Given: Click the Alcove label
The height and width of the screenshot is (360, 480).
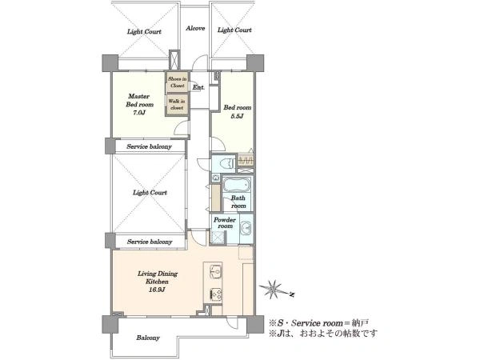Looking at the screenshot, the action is tap(195, 29).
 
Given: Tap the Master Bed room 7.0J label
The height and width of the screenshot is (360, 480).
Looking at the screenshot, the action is tap(139, 104).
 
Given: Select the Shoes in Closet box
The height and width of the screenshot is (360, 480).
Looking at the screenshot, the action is tap(177, 82).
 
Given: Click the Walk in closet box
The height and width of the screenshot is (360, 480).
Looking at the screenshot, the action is tap(177, 104).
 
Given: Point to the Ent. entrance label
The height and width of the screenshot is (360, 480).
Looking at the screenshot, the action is tap(198, 87).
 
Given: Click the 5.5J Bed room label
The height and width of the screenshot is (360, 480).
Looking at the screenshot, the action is tap(238, 112).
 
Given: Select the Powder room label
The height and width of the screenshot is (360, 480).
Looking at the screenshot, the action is tap(225, 223).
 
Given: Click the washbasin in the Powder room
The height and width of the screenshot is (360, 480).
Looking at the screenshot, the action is tap(246, 228).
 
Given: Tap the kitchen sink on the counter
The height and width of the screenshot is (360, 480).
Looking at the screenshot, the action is tap(216, 272).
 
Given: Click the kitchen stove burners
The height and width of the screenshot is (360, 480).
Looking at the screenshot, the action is tap(216, 294).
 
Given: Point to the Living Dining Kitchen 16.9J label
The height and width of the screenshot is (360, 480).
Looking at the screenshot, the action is tap(158, 282).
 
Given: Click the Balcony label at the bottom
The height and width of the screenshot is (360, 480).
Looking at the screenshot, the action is tap(148, 338).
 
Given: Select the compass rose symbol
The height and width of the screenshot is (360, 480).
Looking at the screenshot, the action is tap(273, 289).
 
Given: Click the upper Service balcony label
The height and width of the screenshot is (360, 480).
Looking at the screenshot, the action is tap(149, 146).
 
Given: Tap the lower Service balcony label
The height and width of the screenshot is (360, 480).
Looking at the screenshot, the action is tap(150, 242).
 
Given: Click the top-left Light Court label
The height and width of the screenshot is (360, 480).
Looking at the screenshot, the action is tap(144, 31).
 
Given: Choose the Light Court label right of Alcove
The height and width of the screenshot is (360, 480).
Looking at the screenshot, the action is tap(234, 30).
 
